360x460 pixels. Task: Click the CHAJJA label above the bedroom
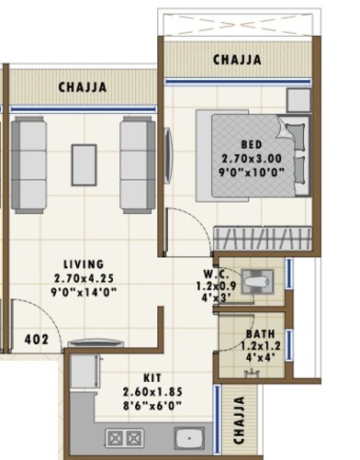[x=237, y=61]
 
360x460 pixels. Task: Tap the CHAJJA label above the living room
[x=84, y=88]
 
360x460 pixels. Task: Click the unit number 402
[x=36, y=339]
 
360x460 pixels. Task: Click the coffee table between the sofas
[x=84, y=163]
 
